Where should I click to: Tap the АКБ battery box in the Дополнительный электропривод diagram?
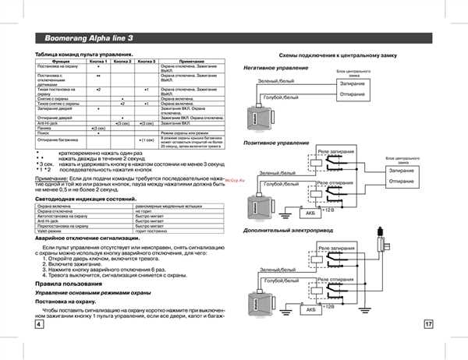click(x=312, y=309)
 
